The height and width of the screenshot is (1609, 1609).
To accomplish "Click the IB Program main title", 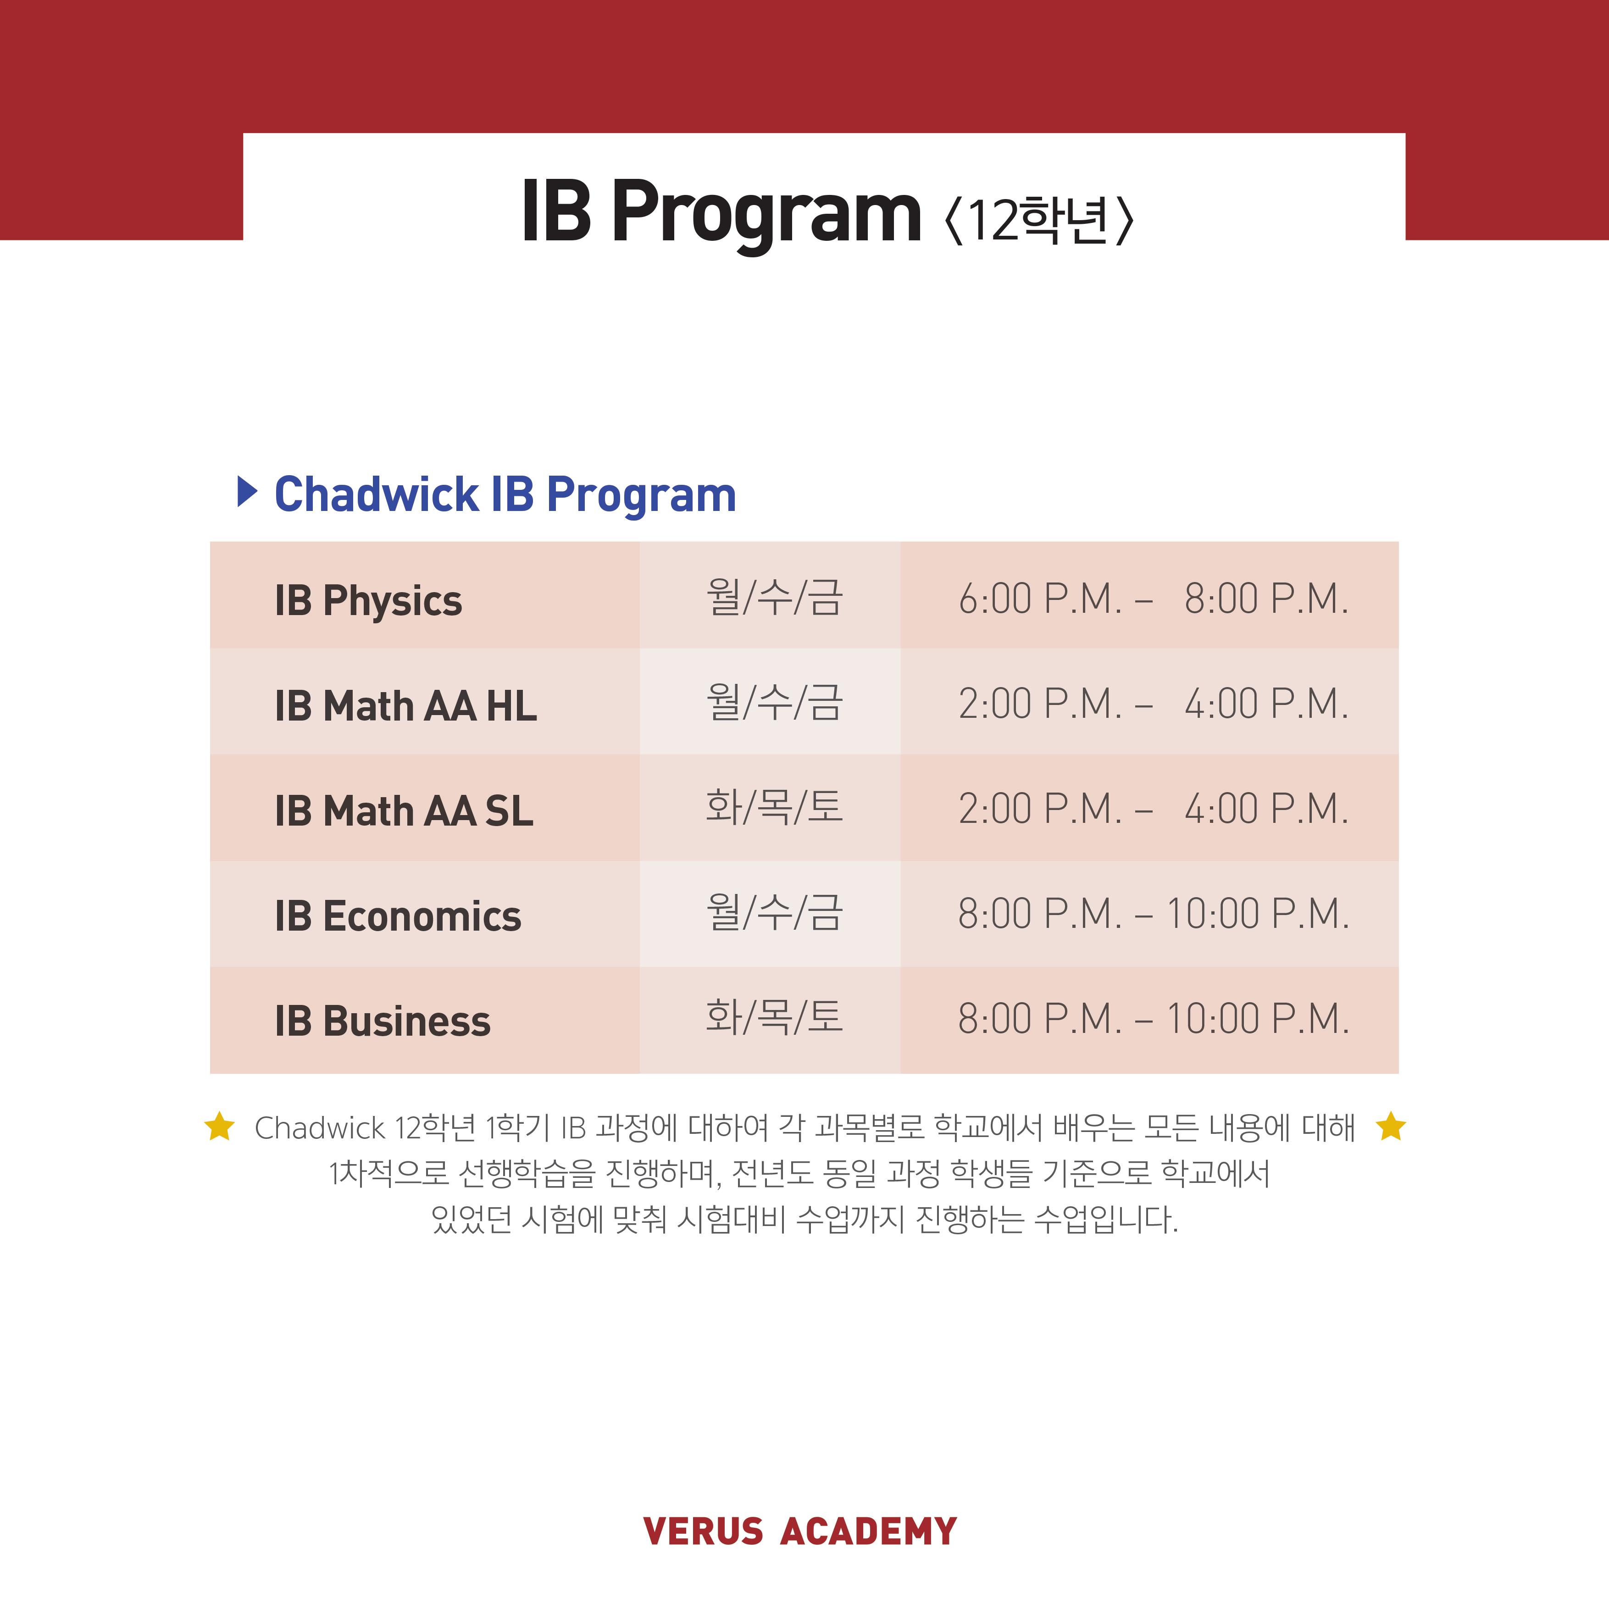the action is (721, 213).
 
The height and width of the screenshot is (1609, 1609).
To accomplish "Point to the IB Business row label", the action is (382, 1021).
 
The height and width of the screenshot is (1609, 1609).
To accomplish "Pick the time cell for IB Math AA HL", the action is (1154, 704).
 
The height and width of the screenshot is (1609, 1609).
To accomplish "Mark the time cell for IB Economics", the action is (1154, 914).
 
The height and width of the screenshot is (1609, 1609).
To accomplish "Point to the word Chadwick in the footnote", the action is (320, 1128).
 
